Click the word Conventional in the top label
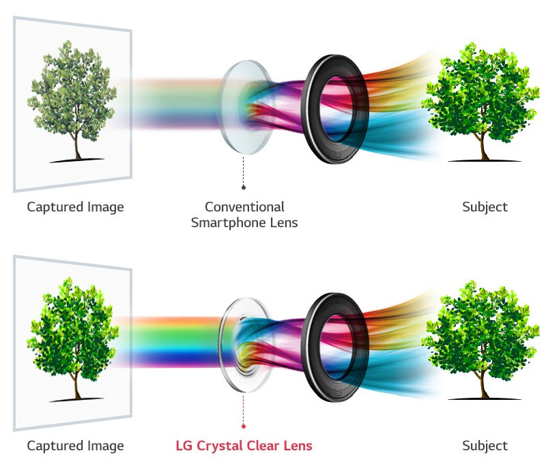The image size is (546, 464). click(244, 206)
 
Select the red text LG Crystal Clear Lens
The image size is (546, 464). click(244, 446)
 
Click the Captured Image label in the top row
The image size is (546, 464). click(76, 206)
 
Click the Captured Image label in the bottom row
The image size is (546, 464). click(76, 446)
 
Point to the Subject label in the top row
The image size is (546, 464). click(485, 206)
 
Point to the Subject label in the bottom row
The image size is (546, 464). click(485, 446)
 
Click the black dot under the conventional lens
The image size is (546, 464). click(244, 186)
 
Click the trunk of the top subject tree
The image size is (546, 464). click(485, 144)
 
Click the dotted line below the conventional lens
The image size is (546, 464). click(244, 171)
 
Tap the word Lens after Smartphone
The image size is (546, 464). click(285, 222)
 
